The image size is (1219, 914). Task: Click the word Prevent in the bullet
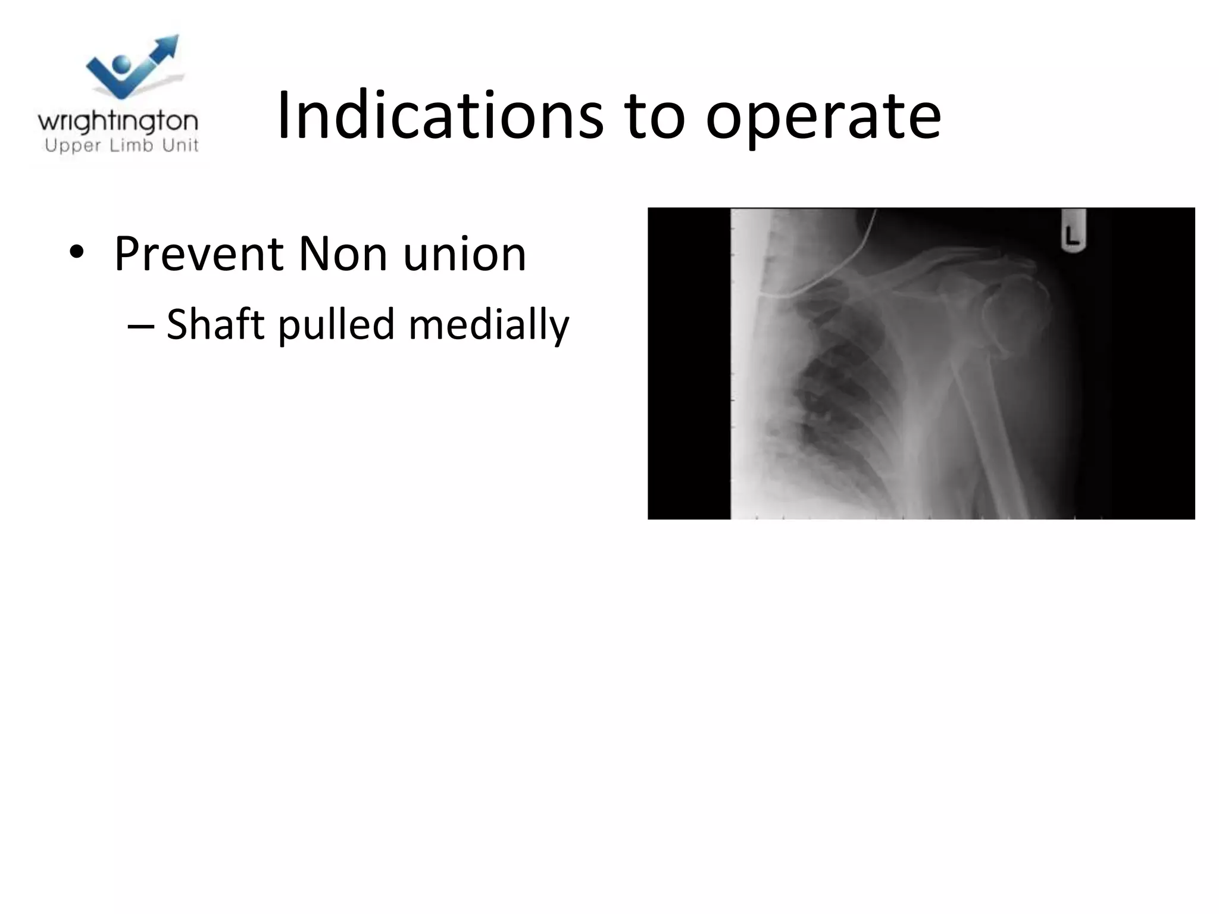(199, 254)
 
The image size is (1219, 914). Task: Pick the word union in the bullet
(464, 254)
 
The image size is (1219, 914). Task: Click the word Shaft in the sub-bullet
(215, 324)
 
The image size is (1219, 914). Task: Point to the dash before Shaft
(140, 325)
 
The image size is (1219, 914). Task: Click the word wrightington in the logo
(118, 123)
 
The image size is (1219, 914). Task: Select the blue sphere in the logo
(123, 64)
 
